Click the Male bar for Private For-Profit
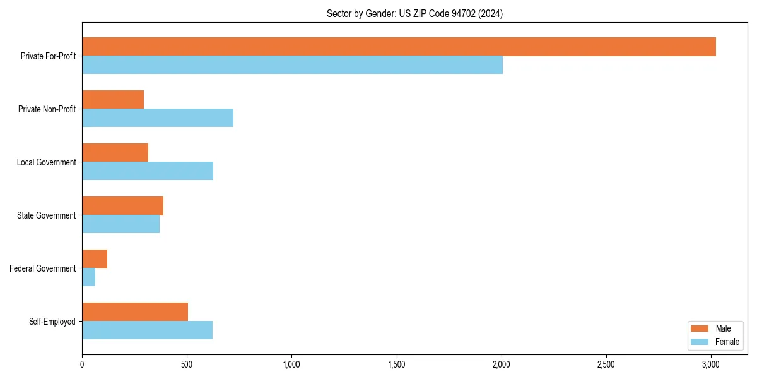[x=399, y=47]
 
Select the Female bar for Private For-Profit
[x=292, y=65]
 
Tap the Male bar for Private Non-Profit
[x=113, y=100]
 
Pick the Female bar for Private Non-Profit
[x=158, y=118]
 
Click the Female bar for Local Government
[x=148, y=171]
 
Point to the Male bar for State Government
[x=122, y=206]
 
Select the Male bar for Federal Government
[x=95, y=259]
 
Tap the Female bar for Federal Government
[x=88, y=277]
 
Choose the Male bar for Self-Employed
[x=135, y=312]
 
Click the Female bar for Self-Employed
[x=147, y=330]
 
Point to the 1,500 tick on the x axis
[x=397, y=365]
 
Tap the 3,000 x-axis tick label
[x=711, y=365]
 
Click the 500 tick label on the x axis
[x=187, y=365]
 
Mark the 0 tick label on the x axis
[x=82, y=365]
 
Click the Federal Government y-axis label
[x=43, y=268]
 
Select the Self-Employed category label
[x=52, y=322]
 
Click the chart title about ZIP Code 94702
[x=414, y=13]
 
